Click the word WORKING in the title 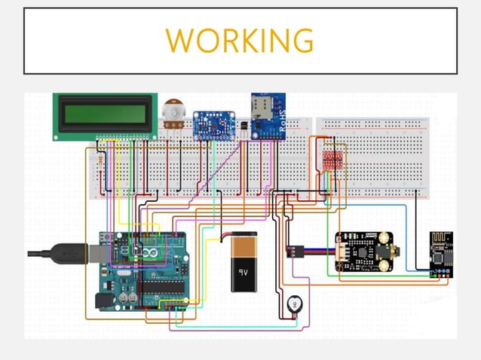[x=240, y=40]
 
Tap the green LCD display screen [x=105, y=115]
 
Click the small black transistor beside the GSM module [x=239, y=130]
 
